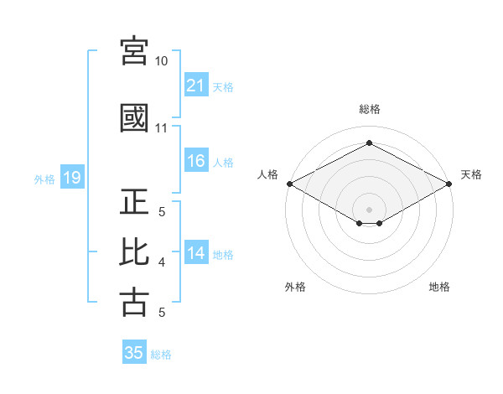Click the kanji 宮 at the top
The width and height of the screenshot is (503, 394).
pos(134,51)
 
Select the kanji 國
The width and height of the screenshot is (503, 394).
pos(134,118)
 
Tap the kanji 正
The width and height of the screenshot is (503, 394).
pos(134,201)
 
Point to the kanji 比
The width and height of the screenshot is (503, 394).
pos(134,251)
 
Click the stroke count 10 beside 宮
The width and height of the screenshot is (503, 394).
pos(161,61)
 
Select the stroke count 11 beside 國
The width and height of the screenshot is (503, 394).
pos(161,128)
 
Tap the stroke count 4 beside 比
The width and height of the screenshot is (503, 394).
pos(162,262)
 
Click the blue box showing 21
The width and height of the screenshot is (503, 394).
pos(196,85)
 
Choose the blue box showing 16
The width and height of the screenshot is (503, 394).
pos(196,160)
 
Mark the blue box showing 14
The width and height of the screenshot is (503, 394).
pos(196,251)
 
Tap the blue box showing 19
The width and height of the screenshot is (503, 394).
pos(72,177)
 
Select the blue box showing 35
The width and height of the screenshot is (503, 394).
pos(134,351)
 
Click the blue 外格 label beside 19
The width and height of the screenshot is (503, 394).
pos(44,179)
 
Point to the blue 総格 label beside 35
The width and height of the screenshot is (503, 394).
pos(161,355)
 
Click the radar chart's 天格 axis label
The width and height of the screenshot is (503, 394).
pos(471,174)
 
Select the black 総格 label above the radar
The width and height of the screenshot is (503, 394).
pos(370,109)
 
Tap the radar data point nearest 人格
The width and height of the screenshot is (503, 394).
pos(290,184)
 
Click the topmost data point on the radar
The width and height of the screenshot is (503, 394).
pos(369,143)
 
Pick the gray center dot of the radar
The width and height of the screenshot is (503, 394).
pos(369,210)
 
